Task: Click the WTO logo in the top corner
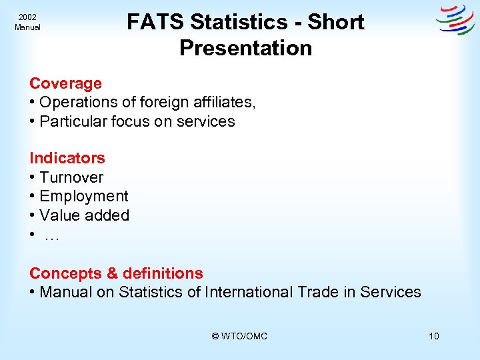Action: [x=455, y=20]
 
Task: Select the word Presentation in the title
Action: [x=245, y=48]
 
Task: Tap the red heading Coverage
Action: [x=65, y=83]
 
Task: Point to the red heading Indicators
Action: [x=67, y=158]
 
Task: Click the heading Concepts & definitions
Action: [x=116, y=273]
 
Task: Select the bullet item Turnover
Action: [x=71, y=177]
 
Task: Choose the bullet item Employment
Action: [x=84, y=196]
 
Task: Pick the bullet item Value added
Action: [x=84, y=215]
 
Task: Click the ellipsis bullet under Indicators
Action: [x=51, y=235]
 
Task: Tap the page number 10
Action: [x=434, y=336]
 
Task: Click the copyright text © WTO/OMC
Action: [x=239, y=336]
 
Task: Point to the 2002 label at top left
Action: [x=27, y=17]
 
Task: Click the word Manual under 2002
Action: [x=27, y=27]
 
